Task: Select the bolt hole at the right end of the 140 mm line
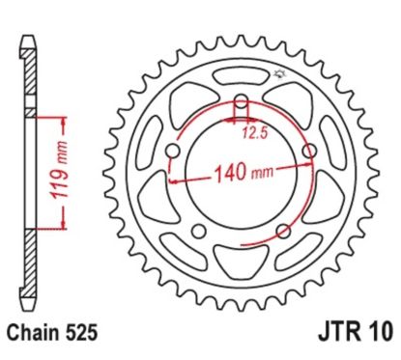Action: pos(309,152)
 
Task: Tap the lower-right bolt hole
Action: pos(281,231)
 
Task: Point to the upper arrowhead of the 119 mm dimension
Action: pos(67,122)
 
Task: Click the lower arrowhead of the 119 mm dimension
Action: pos(67,225)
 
